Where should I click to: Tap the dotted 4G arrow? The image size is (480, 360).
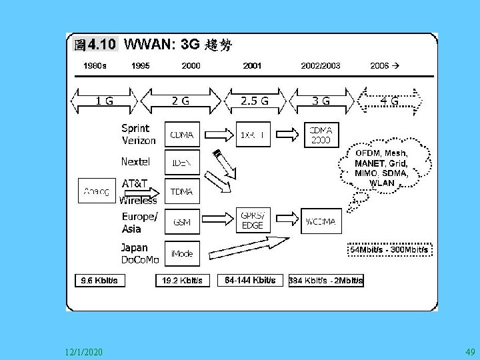click(x=390, y=101)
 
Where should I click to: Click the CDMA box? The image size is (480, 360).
click(x=182, y=135)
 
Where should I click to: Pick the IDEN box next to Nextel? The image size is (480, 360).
click(x=182, y=163)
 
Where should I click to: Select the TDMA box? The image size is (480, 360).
click(x=182, y=191)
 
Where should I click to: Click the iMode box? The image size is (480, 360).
click(x=182, y=254)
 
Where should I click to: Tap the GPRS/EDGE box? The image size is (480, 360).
click(x=254, y=221)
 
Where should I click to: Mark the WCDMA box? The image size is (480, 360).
click(x=322, y=221)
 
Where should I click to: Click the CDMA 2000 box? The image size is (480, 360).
click(x=322, y=135)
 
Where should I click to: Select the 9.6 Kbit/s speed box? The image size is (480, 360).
click(x=99, y=281)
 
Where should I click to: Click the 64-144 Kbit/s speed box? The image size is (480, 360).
click(x=250, y=280)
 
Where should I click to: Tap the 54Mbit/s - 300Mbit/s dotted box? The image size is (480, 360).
click(x=390, y=249)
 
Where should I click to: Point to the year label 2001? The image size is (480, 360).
click(x=252, y=66)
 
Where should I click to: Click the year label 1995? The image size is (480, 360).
click(x=140, y=66)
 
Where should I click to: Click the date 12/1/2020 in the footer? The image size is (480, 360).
click(x=84, y=351)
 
